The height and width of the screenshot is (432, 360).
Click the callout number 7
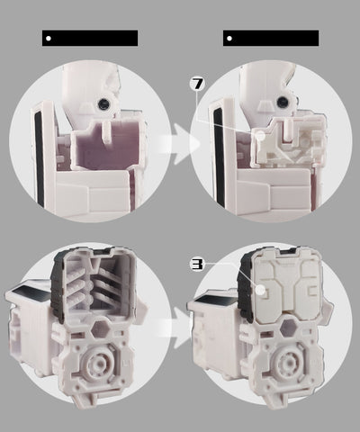[x=197, y=85]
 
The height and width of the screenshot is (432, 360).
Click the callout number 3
[x=197, y=265]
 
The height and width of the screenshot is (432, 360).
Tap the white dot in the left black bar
[x=49, y=38]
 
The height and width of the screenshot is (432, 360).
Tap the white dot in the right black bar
[x=229, y=38]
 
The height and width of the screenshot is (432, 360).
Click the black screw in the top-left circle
[x=103, y=103]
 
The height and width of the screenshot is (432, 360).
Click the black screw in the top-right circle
[x=283, y=103]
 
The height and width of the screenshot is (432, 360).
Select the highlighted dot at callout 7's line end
[x=260, y=135]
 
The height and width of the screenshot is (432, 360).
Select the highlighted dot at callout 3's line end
[x=261, y=290]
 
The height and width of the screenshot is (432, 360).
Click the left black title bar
[x=90, y=38]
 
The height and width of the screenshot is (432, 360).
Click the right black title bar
[x=271, y=38]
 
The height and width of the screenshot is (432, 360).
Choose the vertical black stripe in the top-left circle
[x=40, y=160]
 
